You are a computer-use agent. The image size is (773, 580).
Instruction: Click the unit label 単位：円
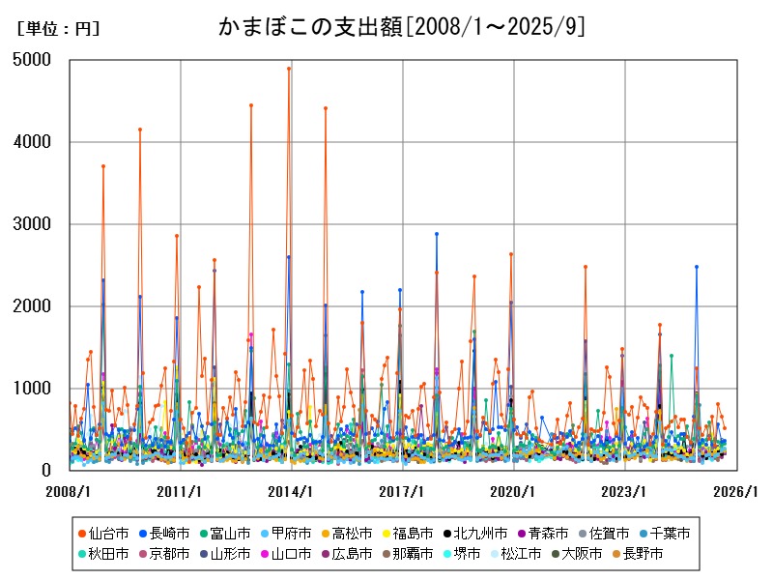(x=58, y=29)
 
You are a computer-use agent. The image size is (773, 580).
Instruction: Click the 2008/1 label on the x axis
(x=70, y=492)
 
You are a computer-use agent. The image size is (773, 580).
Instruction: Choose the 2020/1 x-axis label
(x=513, y=492)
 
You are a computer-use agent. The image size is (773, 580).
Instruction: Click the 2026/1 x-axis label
(x=735, y=492)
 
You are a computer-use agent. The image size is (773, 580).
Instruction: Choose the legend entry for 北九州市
(x=480, y=533)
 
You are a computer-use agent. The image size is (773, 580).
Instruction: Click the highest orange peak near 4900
(x=289, y=69)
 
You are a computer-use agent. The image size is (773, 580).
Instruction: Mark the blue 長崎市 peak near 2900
(x=437, y=234)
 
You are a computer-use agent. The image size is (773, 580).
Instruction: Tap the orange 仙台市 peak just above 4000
(x=140, y=129)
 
